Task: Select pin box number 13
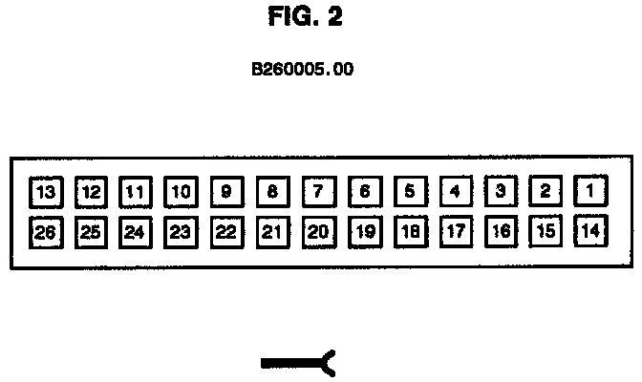coord(45,191)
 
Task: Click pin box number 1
coord(591,191)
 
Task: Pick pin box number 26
coord(45,231)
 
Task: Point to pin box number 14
coord(591,230)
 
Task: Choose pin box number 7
coord(318,191)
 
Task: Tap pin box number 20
coord(318,231)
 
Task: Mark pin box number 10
coord(181,191)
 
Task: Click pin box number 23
coord(181,231)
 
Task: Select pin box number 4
coord(455,191)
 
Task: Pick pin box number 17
coord(455,231)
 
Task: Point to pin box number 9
coord(226,191)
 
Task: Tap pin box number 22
coord(226,231)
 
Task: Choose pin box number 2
coord(546,191)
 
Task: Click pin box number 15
coord(546,231)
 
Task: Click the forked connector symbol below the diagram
coord(298,362)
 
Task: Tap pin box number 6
coord(364,191)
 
